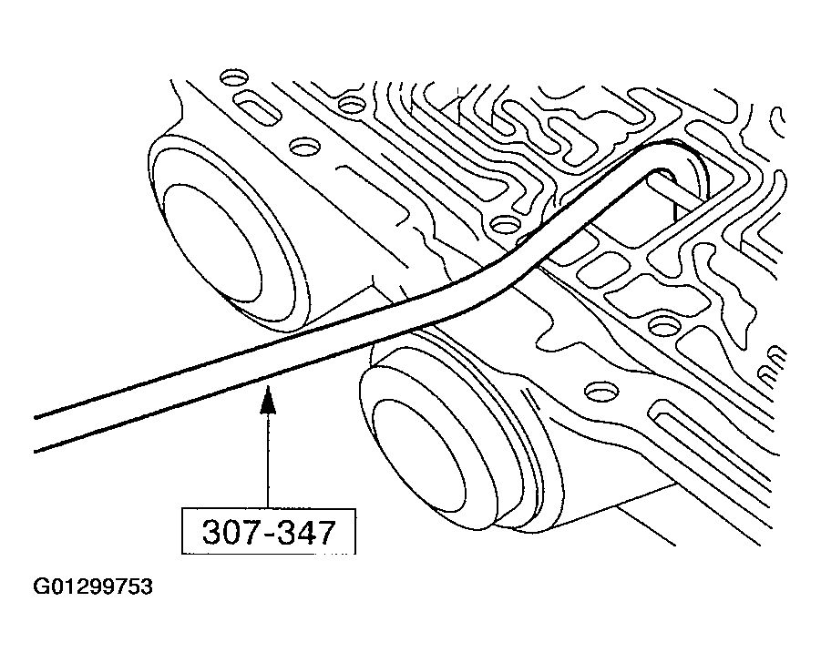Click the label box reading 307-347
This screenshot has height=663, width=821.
tap(268, 531)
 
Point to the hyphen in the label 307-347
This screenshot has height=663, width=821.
tap(267, 535)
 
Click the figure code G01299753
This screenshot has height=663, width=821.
tap(93, 586)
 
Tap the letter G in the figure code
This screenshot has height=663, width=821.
tap(40, 586)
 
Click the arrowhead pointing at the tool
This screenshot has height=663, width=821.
tap(268, 400)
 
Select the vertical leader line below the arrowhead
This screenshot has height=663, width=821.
tap(268, 461)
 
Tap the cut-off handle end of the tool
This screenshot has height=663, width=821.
tap(36, 433)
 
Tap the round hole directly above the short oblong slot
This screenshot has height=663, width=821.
tap(233, 78)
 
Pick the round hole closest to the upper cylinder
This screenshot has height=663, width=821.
tap(304, 147)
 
